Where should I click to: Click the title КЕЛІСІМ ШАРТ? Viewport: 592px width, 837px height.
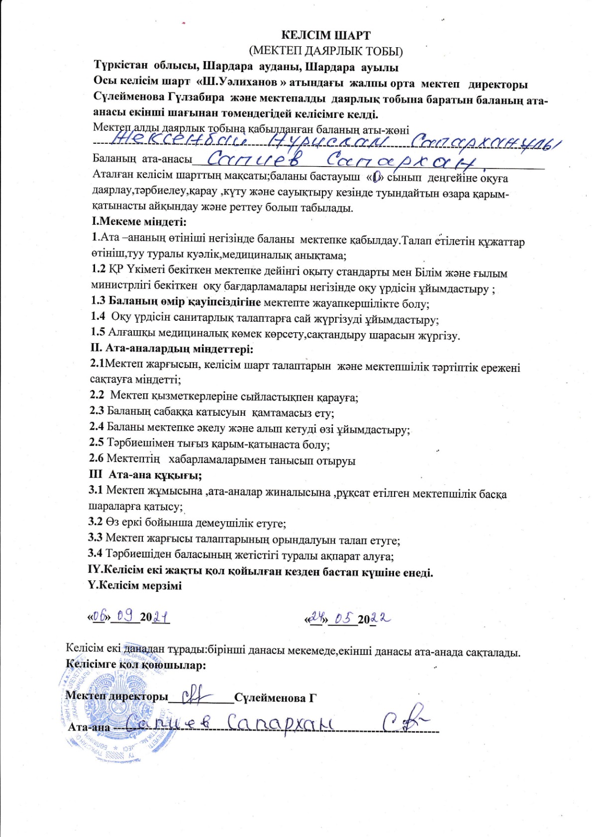coord(326,35)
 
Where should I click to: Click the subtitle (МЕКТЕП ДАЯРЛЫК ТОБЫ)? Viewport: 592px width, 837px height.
coord(326,51)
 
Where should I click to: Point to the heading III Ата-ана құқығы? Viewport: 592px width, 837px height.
coord(145,475)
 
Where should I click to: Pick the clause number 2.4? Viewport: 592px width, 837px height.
coord(97,427)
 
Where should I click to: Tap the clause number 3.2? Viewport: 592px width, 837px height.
coord(95,522)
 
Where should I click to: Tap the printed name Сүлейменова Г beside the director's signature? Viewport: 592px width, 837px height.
coord(275,698)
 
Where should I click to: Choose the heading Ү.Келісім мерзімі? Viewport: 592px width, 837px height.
coord(135,585)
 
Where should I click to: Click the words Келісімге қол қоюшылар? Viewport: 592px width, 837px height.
coord(136,664)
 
